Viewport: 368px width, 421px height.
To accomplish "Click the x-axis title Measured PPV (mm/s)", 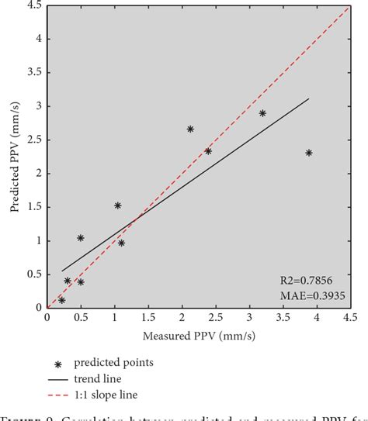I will [199, 336].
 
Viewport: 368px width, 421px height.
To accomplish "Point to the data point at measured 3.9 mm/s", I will [309, 153].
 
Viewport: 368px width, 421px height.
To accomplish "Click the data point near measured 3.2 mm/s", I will [262, 113].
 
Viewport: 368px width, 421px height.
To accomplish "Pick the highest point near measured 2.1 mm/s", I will [190, 129].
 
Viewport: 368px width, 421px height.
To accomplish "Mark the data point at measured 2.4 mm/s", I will [208, 151].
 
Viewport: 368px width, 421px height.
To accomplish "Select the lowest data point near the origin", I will [61, 300].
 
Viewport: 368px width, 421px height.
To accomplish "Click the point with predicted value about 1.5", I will [117, 205].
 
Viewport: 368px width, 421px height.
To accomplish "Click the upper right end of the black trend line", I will [309, 98].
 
